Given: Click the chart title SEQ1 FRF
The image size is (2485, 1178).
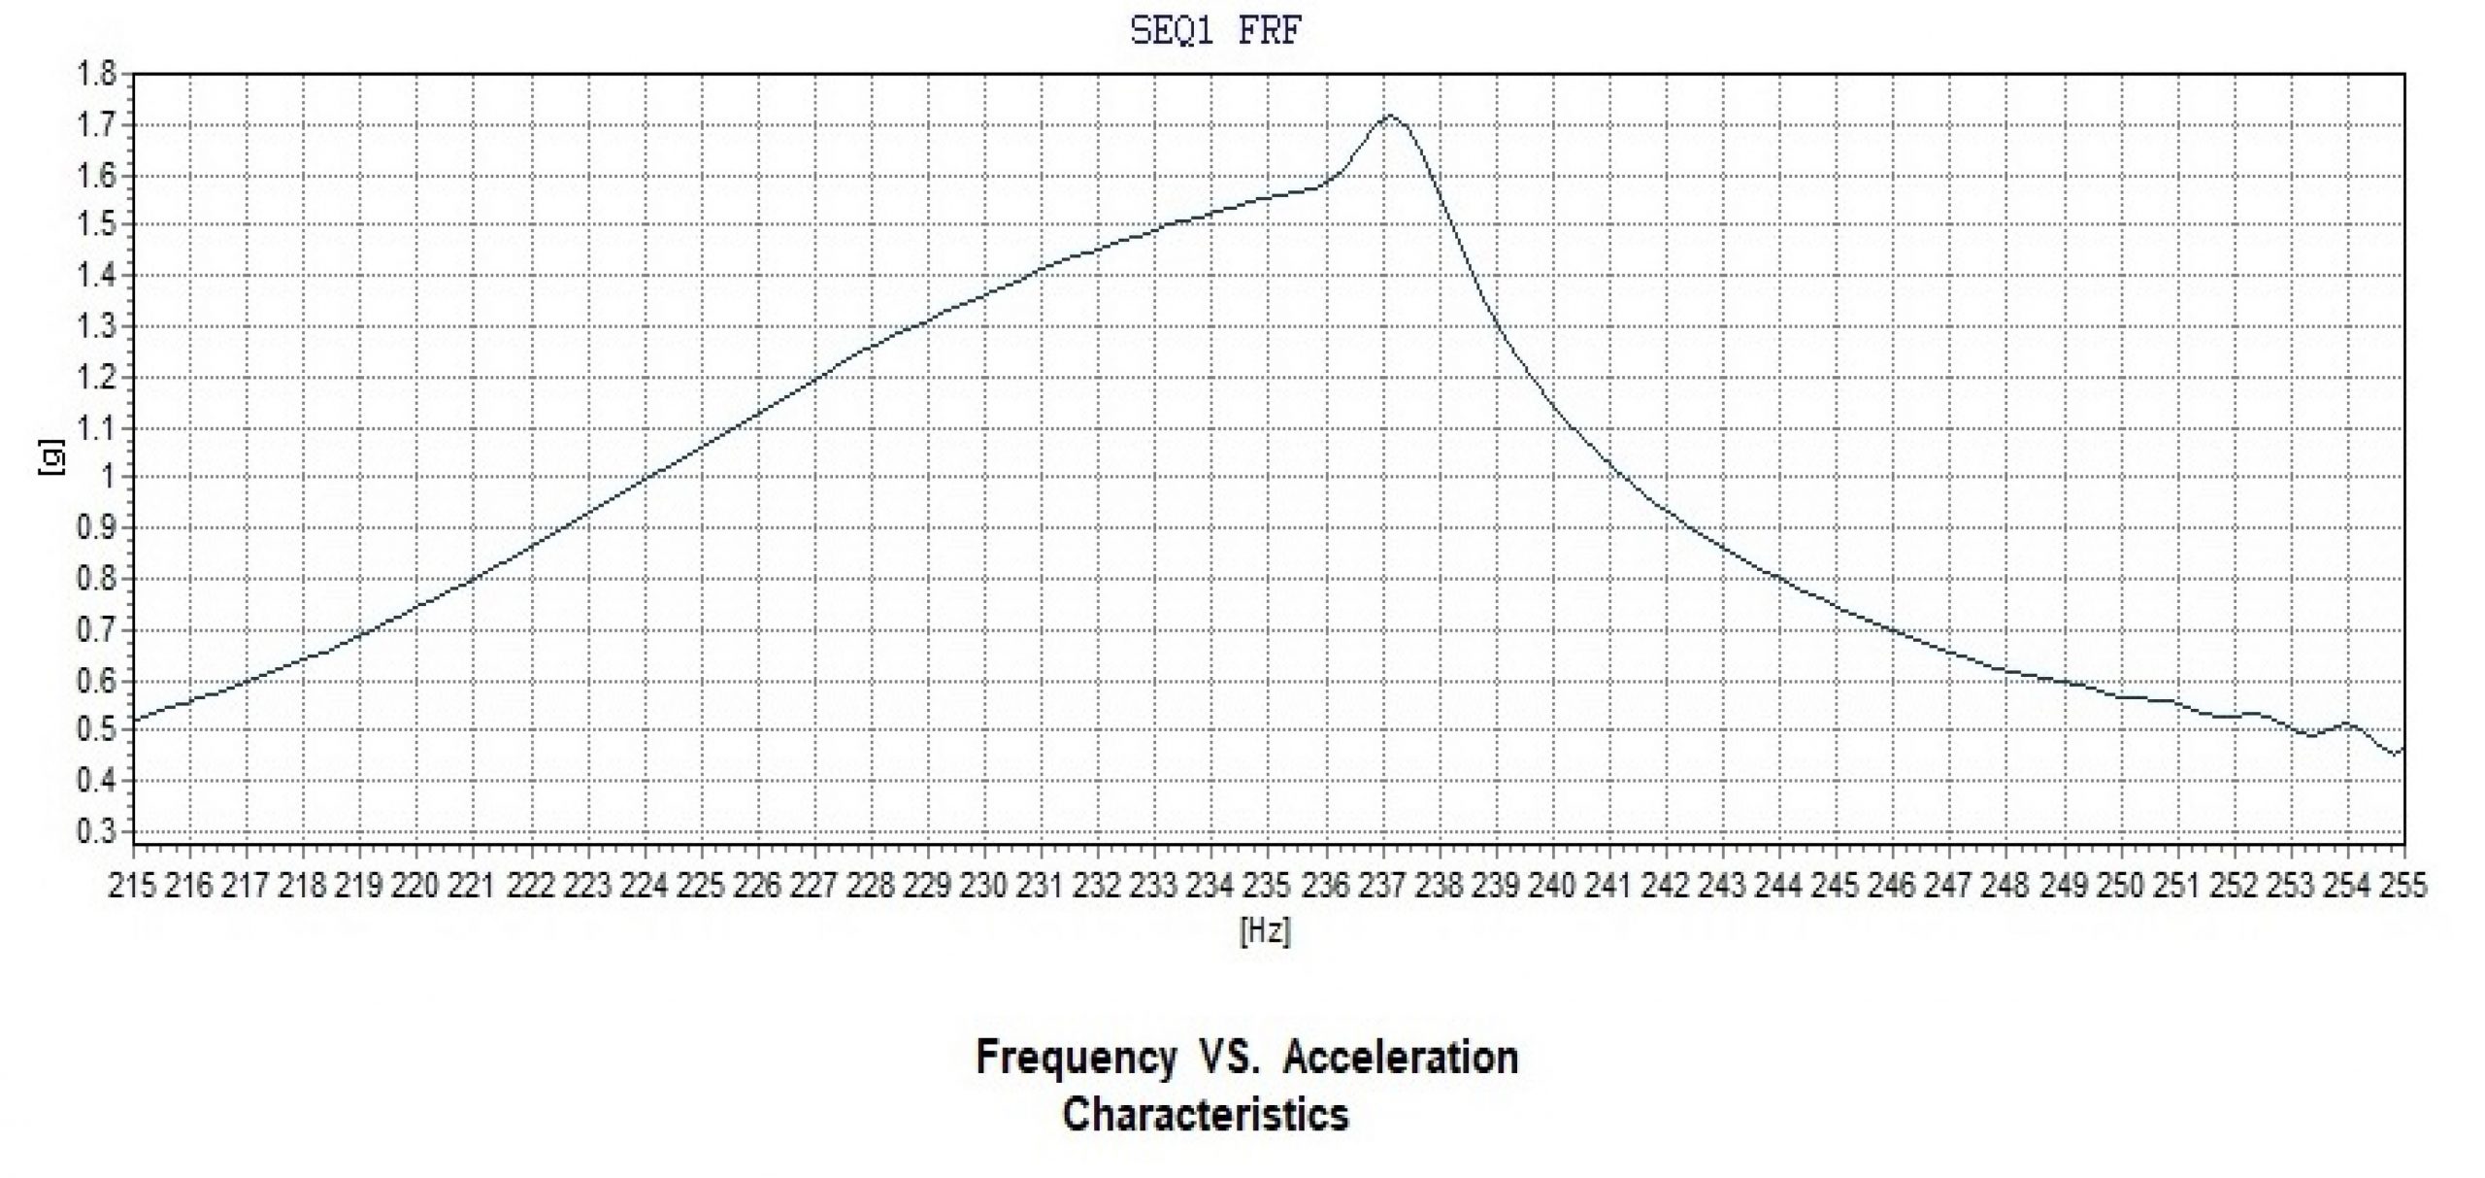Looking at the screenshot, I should point(1215,32).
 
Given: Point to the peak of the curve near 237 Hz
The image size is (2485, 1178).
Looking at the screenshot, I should point(1389,116).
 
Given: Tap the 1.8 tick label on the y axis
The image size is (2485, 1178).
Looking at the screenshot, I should point(97,74).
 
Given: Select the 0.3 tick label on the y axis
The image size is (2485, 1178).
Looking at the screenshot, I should point(97,832).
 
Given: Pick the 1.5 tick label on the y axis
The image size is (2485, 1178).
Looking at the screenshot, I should point(97,225).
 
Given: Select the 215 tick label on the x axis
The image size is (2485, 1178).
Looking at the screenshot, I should point(133,886).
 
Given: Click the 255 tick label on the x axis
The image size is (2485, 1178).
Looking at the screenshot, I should point(2402,886).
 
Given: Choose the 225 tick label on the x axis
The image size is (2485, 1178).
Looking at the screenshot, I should point(701,886).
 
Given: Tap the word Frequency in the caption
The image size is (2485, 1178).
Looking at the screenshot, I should point(1076,1058).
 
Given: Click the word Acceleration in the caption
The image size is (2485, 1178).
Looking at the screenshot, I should point(1401,1058).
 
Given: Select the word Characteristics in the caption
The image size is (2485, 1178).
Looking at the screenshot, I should point(1206,1115).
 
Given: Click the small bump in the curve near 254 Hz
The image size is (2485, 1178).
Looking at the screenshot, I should point(2347,724).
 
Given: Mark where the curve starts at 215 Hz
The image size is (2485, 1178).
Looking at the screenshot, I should point(134,721).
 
